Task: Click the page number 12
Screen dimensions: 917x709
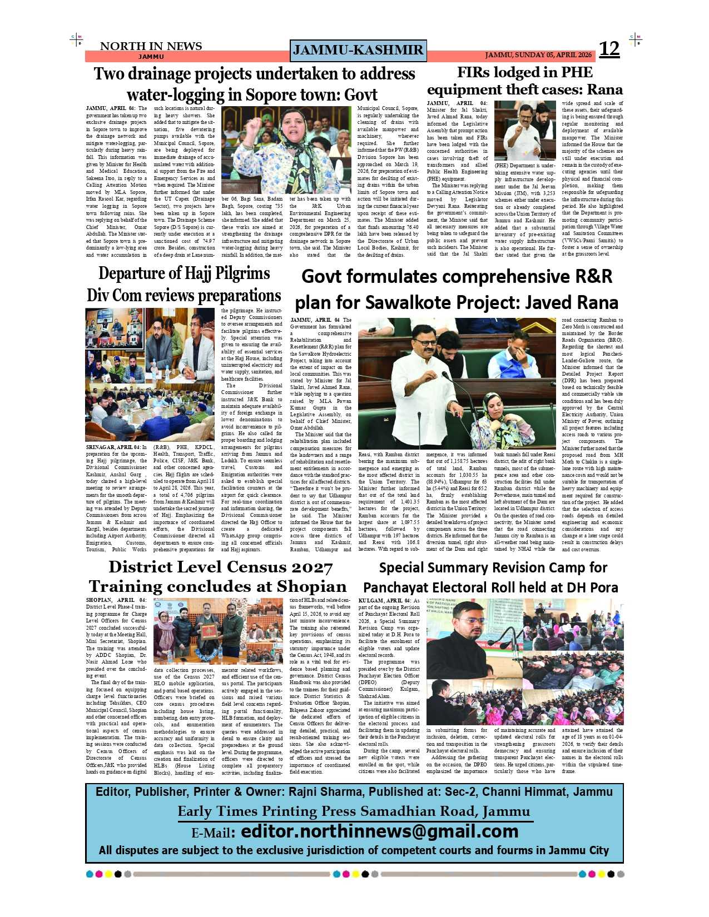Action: pyautogui.click(x=609, y=49)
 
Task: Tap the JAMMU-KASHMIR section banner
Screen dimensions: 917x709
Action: pyautogui.click(x=358, y=51)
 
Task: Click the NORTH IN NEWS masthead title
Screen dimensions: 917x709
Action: pyautogui.click(x=151, y=46)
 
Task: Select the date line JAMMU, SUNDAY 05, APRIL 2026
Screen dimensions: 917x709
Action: pyautogui.click(x=538, y=56)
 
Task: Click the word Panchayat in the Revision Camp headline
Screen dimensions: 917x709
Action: pyautogui.click(x=401, y=587)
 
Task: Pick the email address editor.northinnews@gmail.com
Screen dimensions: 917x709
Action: pyautogui.click(x=380, y=831)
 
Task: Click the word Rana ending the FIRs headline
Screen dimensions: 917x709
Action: pyautogui.click(x=604, y=89)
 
